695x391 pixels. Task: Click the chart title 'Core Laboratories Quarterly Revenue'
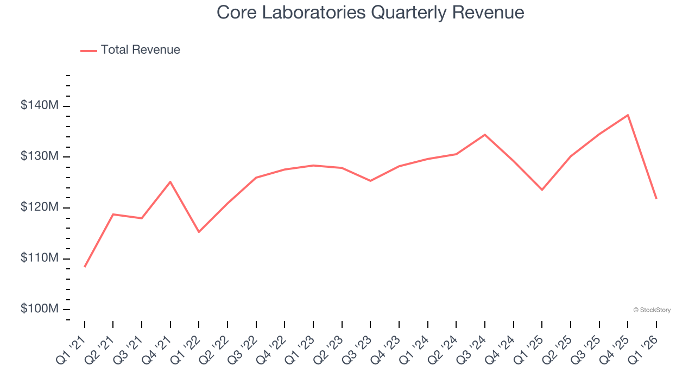[370, 12]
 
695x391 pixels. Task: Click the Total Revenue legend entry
[130, 50]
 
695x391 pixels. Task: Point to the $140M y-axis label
[39, 105]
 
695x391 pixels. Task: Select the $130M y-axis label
[39, 156]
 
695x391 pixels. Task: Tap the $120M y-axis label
[39, 207]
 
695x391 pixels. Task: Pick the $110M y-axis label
[39, 258]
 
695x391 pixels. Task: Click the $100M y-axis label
[39, 309]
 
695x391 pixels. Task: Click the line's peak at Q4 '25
[628, 115]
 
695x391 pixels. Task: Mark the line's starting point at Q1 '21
[85, 267]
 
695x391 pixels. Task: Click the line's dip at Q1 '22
[199, 232]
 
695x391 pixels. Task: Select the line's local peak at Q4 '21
[170, 181]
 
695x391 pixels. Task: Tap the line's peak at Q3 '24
[485, 135]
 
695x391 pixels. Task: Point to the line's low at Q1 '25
[542, 190]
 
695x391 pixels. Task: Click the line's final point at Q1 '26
[656, 198]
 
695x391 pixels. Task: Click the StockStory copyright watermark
[652, 310]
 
